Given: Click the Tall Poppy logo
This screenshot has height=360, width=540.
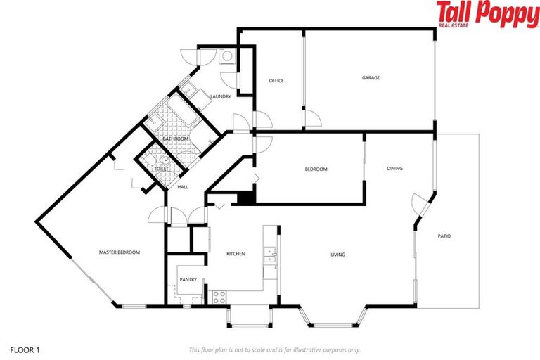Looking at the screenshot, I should [486, 14].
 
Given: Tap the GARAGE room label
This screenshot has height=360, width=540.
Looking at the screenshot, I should [371, 78].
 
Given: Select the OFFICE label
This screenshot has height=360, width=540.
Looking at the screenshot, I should [276, 81].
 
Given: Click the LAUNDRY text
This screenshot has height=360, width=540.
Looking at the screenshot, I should [220, 96].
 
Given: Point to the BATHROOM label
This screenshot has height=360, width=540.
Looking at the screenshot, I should [175, 139].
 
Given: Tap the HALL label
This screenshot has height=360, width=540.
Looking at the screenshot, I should [183, 187].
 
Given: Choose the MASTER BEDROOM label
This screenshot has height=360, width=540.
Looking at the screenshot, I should [119, 252].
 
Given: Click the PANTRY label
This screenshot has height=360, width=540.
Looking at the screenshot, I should [188, 279].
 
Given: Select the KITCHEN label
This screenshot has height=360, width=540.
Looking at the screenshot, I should [235, 253].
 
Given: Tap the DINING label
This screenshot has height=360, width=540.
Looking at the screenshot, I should [394, 168].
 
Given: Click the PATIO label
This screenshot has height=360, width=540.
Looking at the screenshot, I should [444, 236].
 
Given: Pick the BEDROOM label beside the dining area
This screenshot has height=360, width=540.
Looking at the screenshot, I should [316, 169].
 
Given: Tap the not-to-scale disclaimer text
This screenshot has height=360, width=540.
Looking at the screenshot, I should [274, 349].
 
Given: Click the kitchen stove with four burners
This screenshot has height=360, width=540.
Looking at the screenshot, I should [218, 296].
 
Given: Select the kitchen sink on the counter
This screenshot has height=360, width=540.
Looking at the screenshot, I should [269, 254].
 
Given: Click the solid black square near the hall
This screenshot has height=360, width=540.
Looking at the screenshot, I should [245, 198].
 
